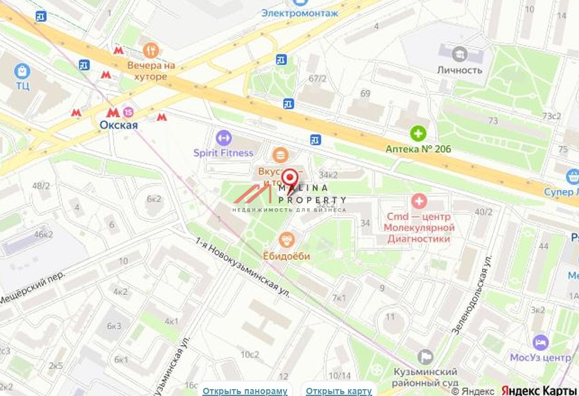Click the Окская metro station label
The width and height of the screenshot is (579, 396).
(x=118, y=125)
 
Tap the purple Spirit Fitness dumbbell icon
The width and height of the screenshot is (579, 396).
(x=223, y=137)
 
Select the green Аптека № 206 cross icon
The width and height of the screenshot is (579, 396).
(x=418, y=133)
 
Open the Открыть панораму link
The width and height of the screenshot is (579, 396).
(x=244, y=391)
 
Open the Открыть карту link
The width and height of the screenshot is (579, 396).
(x=339, y=391)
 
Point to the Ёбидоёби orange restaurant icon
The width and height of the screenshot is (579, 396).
(x=286, y=239)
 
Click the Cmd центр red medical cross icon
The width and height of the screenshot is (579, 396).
(x=419, y=201)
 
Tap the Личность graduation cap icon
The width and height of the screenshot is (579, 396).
(x=459, y=54)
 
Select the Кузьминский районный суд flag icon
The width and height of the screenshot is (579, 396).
(x=425, y=356)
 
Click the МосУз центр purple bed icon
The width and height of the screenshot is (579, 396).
(x=540, y=342)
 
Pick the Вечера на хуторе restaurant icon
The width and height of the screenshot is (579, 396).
(x=150, y=50)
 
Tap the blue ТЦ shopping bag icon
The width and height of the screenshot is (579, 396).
(x=23, y=70)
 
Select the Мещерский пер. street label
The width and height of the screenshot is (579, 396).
(x=33, y=289)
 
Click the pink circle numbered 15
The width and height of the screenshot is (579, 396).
(x=128, y=112)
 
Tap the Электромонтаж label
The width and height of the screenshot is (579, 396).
(x=300, y=13)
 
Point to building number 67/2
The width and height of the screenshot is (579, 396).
(x=318, y=78)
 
